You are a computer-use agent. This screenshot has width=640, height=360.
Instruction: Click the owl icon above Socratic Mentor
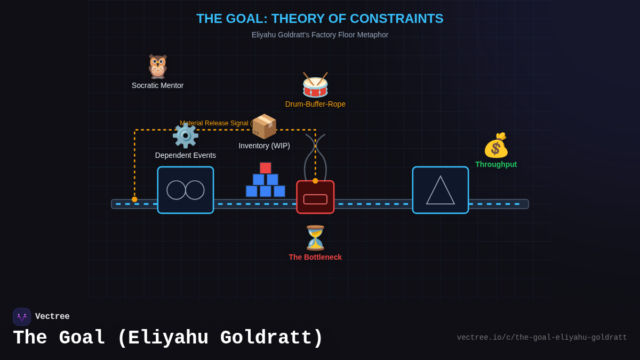pos(157,67)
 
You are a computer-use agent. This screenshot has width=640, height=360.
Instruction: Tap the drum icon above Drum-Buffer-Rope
pos(315,85)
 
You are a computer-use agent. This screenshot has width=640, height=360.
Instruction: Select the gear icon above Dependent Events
pos(185,136)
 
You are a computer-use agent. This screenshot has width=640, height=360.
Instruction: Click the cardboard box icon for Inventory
pos(264,127)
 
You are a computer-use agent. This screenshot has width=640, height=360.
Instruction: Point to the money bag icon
pos(496,146)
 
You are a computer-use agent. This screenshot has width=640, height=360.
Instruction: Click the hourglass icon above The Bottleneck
pos(315,238)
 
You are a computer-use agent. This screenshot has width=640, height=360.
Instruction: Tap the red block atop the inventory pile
pos(266,168)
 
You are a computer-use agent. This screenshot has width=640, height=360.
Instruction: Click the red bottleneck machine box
pos(315,197)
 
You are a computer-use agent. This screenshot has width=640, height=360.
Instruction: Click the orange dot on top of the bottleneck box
pos(315,181)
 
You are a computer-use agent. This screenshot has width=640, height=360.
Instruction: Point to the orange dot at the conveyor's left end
pos(134,199)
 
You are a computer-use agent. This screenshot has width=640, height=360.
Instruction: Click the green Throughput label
pos(496,164)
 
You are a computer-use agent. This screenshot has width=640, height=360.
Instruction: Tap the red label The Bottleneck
pos(315,257)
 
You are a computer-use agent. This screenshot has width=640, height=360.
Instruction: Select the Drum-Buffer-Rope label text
pos(315,104)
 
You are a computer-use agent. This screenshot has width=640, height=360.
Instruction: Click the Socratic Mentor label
pos(157,85)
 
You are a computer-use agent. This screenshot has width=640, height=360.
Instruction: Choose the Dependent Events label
pos(186,155)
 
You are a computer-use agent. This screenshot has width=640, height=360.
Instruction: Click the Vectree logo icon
pos(22,317)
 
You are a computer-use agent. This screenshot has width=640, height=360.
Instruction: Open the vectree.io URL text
pos(541,338)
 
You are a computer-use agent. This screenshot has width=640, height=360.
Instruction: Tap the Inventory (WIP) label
pos(264,146)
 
